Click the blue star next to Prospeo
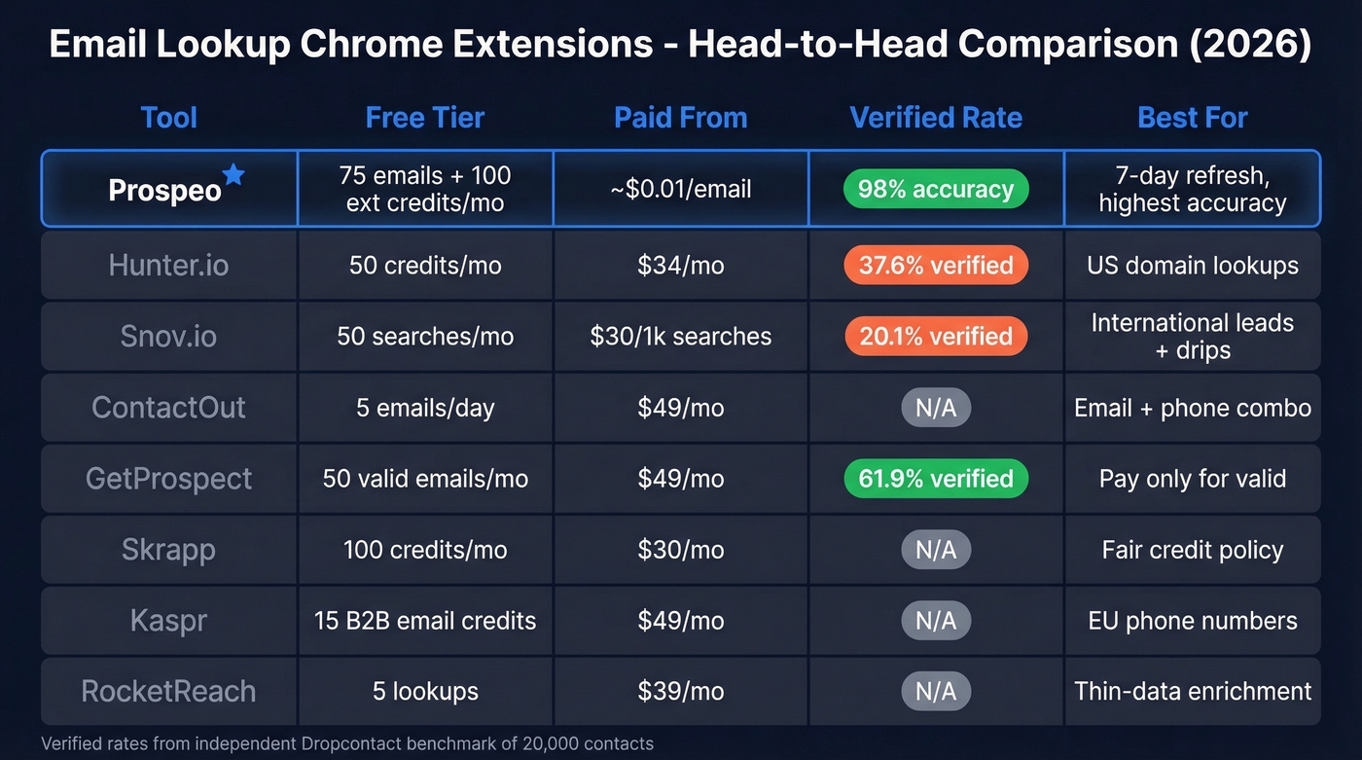coord(233,175)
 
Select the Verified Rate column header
coord(936,118)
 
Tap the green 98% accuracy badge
coord(936,189)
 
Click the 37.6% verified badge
coord(936,265)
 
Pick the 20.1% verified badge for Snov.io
coord(936,336)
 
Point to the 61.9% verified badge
coord(936,478)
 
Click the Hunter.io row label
coord(168,265)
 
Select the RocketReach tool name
coord(168,691)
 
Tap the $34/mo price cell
coord(680,265)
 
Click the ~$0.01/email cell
coord(680,189)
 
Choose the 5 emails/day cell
coord(425,407)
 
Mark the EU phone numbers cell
coord(1193,620)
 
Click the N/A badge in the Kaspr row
coord(936,620)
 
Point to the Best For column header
coord(1193,118)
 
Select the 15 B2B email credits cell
coord(425,620)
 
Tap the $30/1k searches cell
coord(680,336)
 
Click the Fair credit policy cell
coord(1193,549)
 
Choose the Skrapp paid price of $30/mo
coord(680,549)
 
